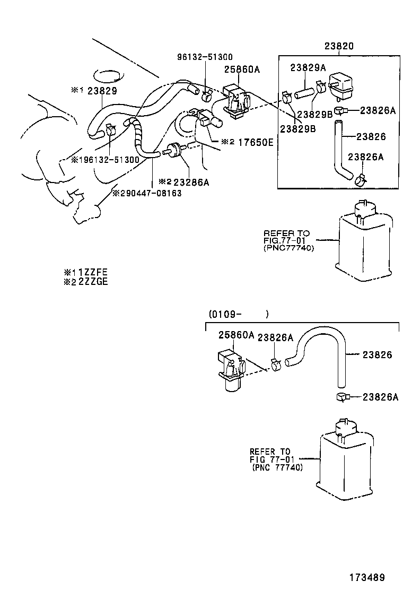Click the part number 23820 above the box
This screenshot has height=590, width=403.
point(339,46)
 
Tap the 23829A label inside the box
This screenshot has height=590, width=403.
point(308,67)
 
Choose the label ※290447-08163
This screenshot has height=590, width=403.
point(146,193)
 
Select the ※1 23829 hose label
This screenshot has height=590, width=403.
point(94,90)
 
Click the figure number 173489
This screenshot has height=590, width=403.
point(366,577)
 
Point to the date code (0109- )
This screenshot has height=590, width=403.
point(239,314)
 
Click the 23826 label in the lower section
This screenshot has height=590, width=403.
point(378,355)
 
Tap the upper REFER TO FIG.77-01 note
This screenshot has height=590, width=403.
point(286,240)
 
